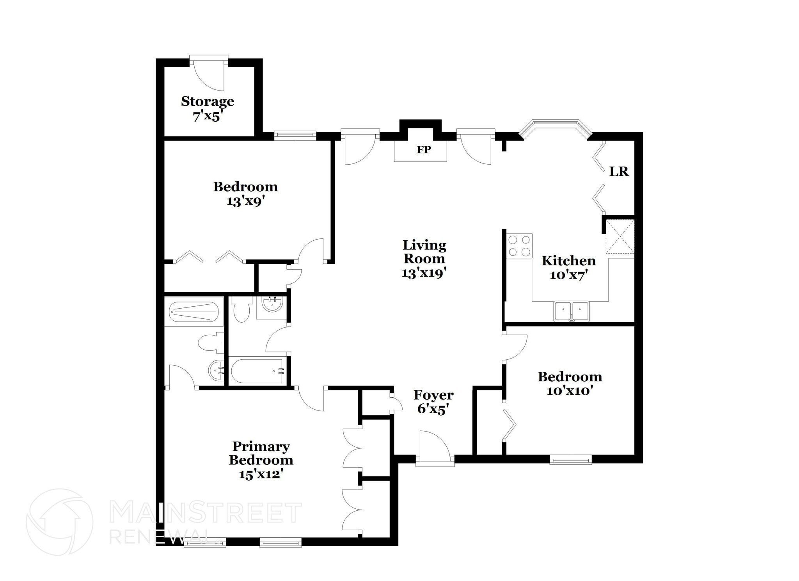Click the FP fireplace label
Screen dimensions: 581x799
(x=423, y=150)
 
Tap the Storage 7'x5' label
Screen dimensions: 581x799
(x=208, y=108)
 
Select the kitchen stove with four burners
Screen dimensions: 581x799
(x=519, y=246)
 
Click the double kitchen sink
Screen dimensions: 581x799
(x=572, y=311)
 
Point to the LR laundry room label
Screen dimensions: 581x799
(x=619, y=171)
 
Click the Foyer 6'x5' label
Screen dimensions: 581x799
(x=433, y=402)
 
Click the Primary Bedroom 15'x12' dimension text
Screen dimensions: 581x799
(x=261, y=474)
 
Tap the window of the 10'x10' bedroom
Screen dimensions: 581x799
(x=570, y=460)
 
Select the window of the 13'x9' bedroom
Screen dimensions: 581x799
(x=295, y=135)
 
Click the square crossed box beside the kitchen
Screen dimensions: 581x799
(x=620, y=236)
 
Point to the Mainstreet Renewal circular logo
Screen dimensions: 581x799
(x=59, y=522)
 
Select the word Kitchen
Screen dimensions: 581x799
(x=568, y=261)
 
